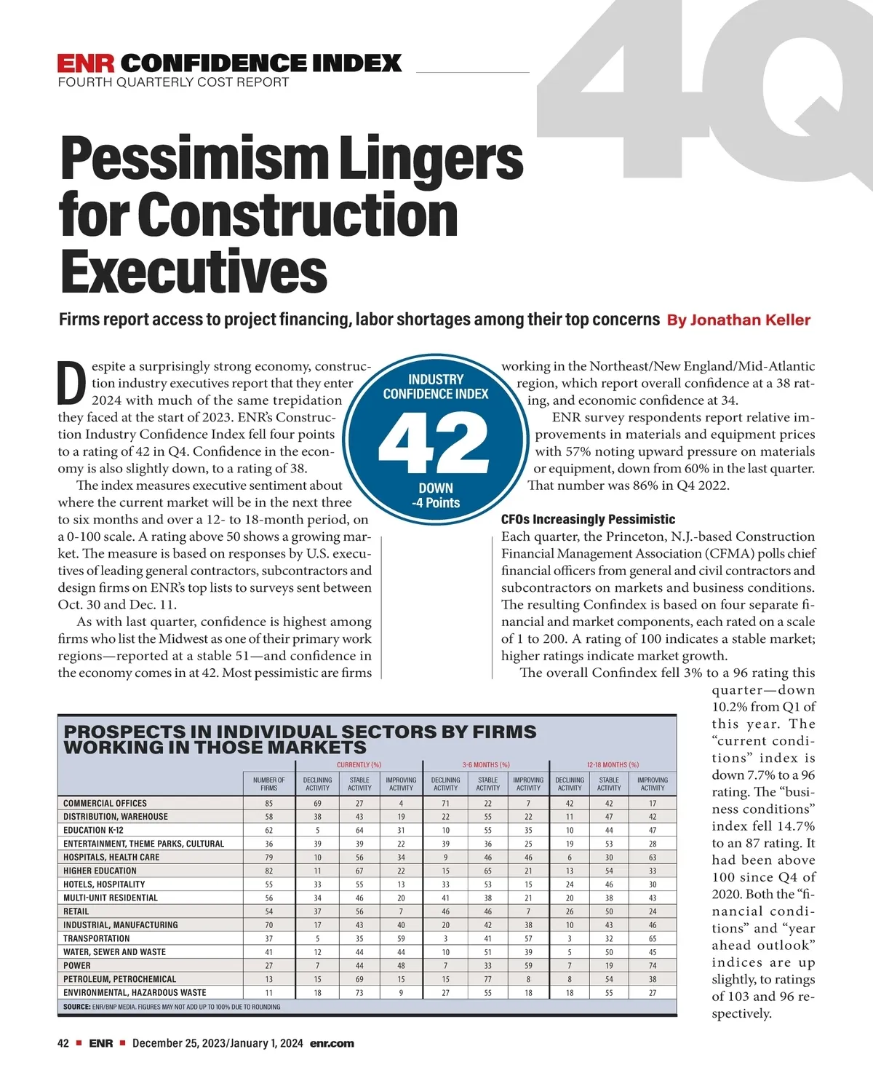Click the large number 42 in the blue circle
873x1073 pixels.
point(435,444)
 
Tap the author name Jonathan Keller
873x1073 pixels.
point(749,320)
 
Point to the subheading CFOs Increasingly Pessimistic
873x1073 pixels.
point(588,519)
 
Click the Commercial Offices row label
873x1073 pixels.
point(105,803)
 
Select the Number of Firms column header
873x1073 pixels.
point(268,783)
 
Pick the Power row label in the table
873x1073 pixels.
point(77,965)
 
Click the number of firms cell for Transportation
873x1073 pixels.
point(268,938)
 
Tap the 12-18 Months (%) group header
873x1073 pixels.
point(613,764)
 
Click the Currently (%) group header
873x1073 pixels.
point(359,764)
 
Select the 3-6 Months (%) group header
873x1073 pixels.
point(486,764)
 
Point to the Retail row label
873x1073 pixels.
point(76,911)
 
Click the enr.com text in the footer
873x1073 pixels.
point(332,1043)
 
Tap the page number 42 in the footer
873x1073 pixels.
point(63,1043)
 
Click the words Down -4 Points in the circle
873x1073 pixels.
point(436,495)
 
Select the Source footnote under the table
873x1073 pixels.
point(172,1007)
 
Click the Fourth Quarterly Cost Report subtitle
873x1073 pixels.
point(173,82)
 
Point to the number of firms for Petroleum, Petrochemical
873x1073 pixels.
point(268,979)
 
